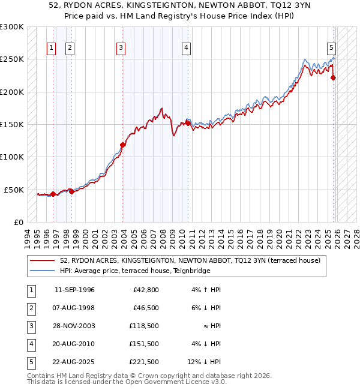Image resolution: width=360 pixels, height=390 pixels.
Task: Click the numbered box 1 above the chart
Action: [x=51, y=48]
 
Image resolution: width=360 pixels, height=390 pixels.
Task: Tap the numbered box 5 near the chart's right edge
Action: [x=331, y=48]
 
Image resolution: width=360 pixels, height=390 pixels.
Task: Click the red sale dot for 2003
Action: [x=123, y=145]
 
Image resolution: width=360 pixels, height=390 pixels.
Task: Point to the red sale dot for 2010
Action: [x=187, y=124]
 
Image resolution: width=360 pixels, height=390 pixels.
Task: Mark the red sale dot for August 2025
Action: [x=334, y=77]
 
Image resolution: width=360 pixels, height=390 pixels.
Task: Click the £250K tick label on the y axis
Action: [x=12, y=59]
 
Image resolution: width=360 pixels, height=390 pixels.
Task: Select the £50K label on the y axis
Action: [x=14, y=190]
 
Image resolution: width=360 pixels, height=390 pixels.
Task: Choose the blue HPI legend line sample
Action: [x=43, y=271]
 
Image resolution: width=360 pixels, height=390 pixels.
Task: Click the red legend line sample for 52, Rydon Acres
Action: [x=43, y=260]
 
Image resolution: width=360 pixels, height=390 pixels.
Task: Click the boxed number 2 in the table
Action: [x=31, y=307]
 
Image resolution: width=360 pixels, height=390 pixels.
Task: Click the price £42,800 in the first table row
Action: [x=145, y=289]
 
